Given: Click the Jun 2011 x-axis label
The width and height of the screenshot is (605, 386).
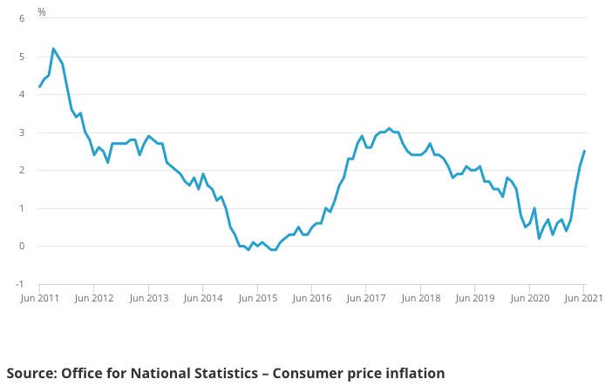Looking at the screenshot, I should coord(41,298).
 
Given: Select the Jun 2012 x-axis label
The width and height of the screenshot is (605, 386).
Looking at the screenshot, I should coord(94,298).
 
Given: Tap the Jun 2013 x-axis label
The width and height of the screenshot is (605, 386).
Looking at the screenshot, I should coord(149,298).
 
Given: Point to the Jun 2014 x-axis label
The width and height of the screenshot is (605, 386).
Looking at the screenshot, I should coord(203,298).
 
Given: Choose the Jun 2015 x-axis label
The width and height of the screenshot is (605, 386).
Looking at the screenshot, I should coord(257,298).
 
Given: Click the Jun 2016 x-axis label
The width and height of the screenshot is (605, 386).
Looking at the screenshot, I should coord(312,298).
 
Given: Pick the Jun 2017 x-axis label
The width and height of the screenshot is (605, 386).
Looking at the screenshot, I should coord(366,298).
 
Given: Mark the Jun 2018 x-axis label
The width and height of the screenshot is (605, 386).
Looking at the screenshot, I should coord(420,298).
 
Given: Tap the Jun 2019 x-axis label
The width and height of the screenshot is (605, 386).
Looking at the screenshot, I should coord(475,298).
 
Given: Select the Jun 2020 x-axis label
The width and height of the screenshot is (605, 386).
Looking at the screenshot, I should coord(529,298).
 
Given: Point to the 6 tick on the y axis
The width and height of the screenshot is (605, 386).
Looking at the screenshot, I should coord(22,19).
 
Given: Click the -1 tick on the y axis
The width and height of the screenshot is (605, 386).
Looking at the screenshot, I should coord(20,284).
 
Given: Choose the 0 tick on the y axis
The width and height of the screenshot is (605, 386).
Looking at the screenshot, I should coord(22,246).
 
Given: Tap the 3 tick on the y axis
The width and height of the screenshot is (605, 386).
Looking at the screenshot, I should coord(22,132).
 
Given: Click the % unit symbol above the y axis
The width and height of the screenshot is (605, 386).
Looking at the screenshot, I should coord(42,12).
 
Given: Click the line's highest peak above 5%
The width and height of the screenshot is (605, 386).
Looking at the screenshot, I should coord(53,49).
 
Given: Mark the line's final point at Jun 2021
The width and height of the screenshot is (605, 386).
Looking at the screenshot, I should coord(584,151).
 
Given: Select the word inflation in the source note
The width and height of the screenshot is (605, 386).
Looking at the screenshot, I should coord(411,374).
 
